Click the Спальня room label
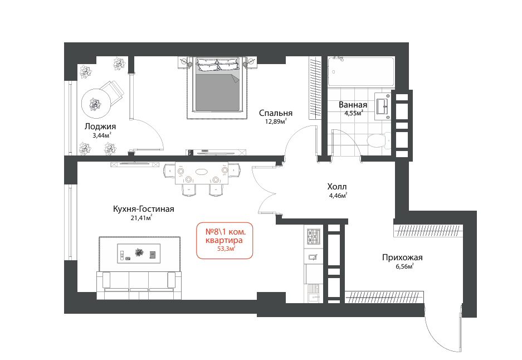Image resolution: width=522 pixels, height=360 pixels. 276,113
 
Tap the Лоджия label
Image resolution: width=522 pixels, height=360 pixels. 100,127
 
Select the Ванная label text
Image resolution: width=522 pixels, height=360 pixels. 353,105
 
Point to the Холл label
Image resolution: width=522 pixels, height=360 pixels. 337,187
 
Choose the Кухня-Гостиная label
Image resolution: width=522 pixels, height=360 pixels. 144,209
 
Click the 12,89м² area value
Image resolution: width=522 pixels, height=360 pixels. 276,121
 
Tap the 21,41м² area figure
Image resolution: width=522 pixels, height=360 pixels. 142,218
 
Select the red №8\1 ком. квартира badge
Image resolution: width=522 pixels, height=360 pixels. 225,240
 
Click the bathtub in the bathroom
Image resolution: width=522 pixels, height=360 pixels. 361,71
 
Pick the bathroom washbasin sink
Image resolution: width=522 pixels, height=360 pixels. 383,105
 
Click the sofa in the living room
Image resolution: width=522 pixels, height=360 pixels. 139,285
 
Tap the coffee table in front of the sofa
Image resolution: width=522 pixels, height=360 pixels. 139,254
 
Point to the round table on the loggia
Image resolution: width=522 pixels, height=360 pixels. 96,104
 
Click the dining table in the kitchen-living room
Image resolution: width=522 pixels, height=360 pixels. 202,173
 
